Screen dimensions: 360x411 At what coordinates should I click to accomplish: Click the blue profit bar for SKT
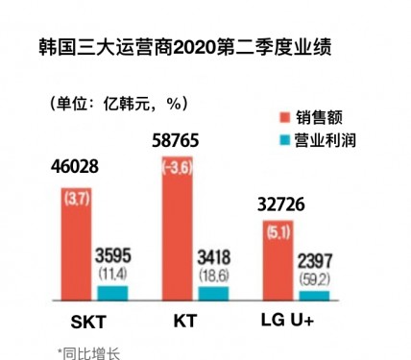pyautogui.click(x=111, y=293)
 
